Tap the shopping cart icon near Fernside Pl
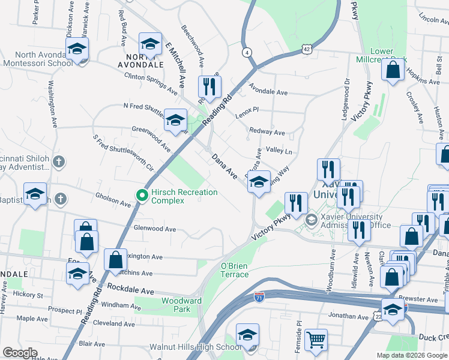[x=316, y=340]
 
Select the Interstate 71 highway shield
[x=259, y=297]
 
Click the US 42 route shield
[x=307, y=49]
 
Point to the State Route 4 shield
[x=247, y=52]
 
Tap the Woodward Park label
[x=181, y=305]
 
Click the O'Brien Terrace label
[x=235, y=270]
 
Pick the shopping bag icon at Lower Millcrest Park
[x=393, y=70]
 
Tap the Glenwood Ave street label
[x=155, y=229]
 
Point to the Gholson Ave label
[x=113, y=199]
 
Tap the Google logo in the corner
[x=20, y=353]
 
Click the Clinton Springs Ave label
[x=151, y=83]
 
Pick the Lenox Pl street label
[x=246, y=110]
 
